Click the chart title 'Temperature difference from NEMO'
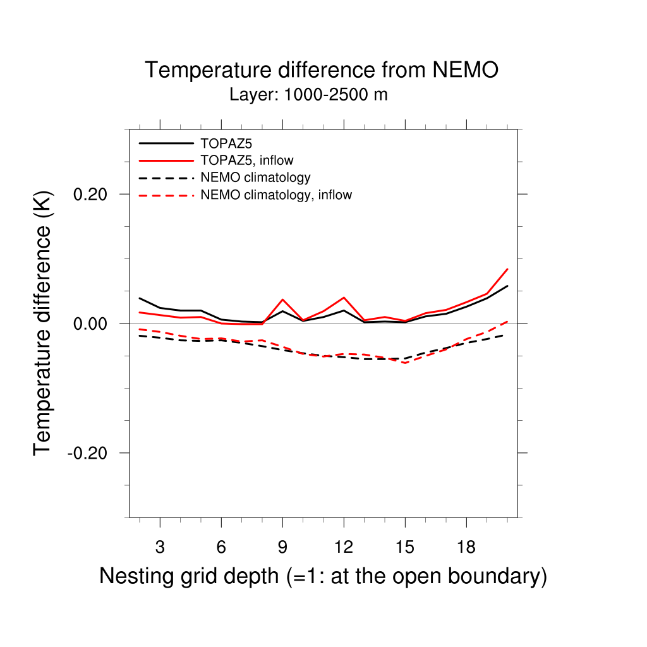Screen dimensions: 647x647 click(x=322, y=70)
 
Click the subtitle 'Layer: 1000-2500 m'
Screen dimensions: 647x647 click(x=308, y=95)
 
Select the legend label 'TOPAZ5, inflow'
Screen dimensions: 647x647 click(x=246, y=160)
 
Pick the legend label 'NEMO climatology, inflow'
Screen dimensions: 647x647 click(x=275, y=195)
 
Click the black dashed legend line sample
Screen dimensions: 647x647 click(x=166, y=178)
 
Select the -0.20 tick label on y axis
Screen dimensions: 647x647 click(x=90, y=453)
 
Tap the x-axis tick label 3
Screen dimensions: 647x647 click(x=160, y=547)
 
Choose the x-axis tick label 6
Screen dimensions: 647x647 click(x=221, y=547)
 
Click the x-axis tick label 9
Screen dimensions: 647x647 click(x=282, y=547)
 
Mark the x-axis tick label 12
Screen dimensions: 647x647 click(x=343, y=547)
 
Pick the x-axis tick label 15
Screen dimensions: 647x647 click(x=404, y=547)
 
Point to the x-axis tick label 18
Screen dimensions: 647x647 click(x=466, y=547)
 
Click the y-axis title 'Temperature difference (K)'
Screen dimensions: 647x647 click(x=42, y=323)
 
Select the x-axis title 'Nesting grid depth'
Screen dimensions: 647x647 click(x=322, y=576)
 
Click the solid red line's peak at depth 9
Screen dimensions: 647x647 click(x=282, y=299)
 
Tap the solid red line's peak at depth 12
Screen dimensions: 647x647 click(x=344, y=298)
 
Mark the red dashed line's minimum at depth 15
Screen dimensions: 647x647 click(x=405, y=363)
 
